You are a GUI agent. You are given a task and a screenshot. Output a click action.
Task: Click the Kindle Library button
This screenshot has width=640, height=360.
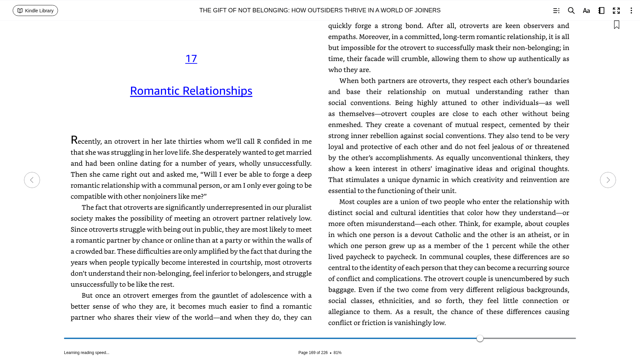[x=35, y=11]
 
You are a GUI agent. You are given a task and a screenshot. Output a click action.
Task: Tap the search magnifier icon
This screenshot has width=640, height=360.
[x=571, y=11]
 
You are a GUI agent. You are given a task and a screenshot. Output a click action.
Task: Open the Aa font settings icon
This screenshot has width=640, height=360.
[x=586, y=11]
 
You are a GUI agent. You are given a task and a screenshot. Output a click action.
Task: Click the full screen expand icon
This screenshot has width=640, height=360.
[x=616, y=11]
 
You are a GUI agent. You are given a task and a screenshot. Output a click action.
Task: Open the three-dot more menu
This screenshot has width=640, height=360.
[x=631, y=11]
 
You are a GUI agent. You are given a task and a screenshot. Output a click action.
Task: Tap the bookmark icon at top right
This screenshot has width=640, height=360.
[x=616, y=25]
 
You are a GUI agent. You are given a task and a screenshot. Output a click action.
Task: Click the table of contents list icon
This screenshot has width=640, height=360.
[x=556, y=11]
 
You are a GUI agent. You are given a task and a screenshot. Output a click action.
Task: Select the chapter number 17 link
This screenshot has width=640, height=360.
[x=191, y=59]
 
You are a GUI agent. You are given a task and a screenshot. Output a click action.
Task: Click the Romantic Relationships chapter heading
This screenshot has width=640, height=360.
[x=191, y=91]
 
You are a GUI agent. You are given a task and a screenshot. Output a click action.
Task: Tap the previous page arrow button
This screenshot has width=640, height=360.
[x=32, y=180]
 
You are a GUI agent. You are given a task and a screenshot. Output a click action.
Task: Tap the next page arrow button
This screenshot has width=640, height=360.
[x=608, y=180]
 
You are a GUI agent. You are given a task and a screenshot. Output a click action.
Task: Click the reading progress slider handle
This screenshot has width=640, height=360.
[x=480, y=338]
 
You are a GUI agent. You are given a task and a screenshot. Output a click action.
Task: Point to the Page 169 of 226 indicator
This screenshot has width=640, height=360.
[x=313, y=353]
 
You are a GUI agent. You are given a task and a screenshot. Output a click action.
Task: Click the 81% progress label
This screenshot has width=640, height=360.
[x=337, y=353]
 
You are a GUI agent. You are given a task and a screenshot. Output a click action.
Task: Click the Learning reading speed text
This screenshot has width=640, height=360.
[x=87, y=353]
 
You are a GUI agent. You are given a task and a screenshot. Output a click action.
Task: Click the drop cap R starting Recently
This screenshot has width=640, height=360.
[x=74, y=140]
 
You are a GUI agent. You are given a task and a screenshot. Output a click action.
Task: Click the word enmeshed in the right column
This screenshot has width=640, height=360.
[x=345, y=125]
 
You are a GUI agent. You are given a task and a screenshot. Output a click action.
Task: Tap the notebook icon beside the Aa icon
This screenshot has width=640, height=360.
[x=601, y=11]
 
